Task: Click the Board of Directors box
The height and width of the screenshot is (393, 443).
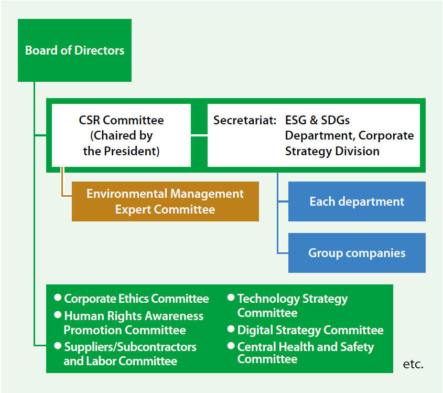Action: point(74,50)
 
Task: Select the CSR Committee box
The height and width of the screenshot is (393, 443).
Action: point(121,135)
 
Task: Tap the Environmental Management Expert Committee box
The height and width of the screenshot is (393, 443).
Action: point(165,201)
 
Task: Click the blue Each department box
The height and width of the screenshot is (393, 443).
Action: point(357,201)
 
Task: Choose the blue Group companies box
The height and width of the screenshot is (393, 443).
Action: point(357,253)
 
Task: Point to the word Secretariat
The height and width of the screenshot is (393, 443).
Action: point(245,120)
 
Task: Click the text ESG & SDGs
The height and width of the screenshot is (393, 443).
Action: point(317,120)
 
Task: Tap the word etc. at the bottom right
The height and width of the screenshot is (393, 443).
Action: point(413,364)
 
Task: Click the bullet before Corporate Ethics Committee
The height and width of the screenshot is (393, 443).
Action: point(58,298)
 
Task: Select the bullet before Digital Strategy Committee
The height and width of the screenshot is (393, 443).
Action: point(231,329)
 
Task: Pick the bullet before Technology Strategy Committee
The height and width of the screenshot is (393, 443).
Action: point(231,298)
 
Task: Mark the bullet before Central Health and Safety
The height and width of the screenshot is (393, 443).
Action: point(231,346)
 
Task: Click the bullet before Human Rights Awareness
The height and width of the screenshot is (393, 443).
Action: point(58,315)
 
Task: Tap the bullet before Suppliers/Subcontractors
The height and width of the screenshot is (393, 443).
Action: point(58,346)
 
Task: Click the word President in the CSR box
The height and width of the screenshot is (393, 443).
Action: point(132,151)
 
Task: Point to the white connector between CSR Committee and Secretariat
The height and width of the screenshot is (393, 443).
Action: point(199,136)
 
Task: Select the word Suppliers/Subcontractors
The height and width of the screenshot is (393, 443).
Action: point(130,347)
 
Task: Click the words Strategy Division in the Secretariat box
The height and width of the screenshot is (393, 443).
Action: point(332,151)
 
